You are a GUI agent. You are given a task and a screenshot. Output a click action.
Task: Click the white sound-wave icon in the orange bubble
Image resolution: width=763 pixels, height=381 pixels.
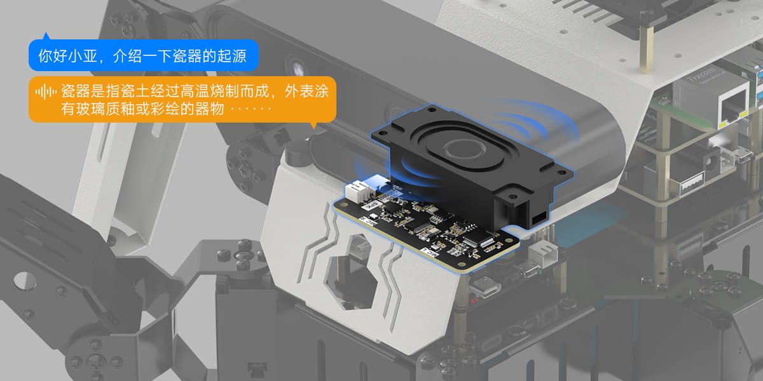(46, 92)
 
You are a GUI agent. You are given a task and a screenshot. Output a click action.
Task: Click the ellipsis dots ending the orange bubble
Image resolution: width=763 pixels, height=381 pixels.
(251, 109)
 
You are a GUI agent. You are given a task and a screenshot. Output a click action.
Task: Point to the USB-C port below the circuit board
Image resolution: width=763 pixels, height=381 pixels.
(485, 287)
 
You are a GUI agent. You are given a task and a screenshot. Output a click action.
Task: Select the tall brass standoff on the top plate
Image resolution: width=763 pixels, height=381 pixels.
(646, 50)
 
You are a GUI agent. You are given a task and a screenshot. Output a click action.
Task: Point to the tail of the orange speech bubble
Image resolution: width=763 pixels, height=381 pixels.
(313, 125)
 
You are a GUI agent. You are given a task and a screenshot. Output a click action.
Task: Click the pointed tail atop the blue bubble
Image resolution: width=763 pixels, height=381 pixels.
(46, 36)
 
